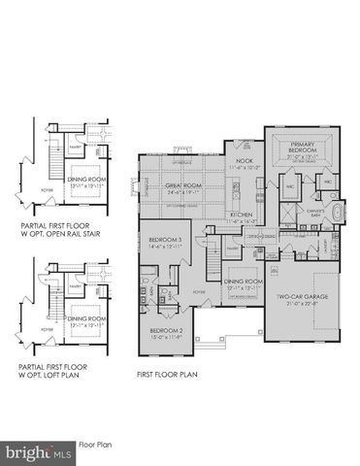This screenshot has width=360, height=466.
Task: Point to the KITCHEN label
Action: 242,214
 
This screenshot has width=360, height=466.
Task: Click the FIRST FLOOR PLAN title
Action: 172,372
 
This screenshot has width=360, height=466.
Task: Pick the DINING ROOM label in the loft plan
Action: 86,320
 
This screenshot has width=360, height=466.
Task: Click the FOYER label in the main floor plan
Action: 198,290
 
